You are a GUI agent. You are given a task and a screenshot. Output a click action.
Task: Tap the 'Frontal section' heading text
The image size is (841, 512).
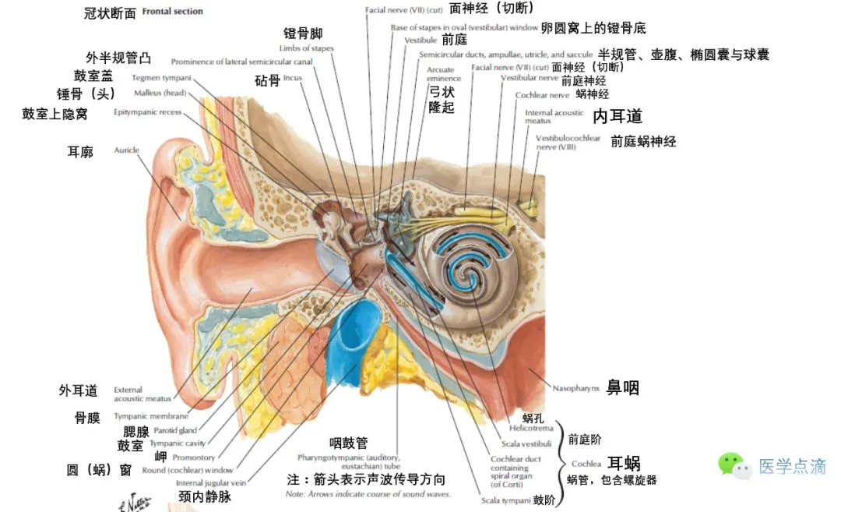172,12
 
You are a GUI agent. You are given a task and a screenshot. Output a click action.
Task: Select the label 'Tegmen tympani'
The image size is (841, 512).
161,77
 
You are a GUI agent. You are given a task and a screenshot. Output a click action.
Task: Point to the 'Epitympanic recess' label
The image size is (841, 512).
147,112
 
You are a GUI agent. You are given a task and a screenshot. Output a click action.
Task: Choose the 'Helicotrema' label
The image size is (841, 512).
531,429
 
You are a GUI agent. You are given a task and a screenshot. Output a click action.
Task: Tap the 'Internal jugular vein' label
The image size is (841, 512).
213,483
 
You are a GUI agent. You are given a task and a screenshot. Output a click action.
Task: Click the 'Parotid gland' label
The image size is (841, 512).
174,430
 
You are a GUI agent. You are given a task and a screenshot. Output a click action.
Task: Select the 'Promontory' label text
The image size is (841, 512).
193,457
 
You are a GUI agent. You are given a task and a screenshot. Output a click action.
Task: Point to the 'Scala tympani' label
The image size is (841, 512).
506,500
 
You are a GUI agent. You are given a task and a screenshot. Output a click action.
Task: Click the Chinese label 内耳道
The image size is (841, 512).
618,117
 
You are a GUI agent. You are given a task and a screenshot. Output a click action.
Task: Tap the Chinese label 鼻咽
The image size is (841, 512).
623,388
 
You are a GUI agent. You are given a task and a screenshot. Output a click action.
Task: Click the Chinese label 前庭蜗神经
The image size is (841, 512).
643,142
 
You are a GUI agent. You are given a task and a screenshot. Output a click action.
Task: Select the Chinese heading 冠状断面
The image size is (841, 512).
110,13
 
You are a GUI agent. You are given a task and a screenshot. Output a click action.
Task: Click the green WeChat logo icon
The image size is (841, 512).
733,465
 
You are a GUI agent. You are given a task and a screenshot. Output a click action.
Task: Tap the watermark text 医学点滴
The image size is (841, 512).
792,467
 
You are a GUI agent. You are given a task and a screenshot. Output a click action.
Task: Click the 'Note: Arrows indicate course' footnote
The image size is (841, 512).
368,494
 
